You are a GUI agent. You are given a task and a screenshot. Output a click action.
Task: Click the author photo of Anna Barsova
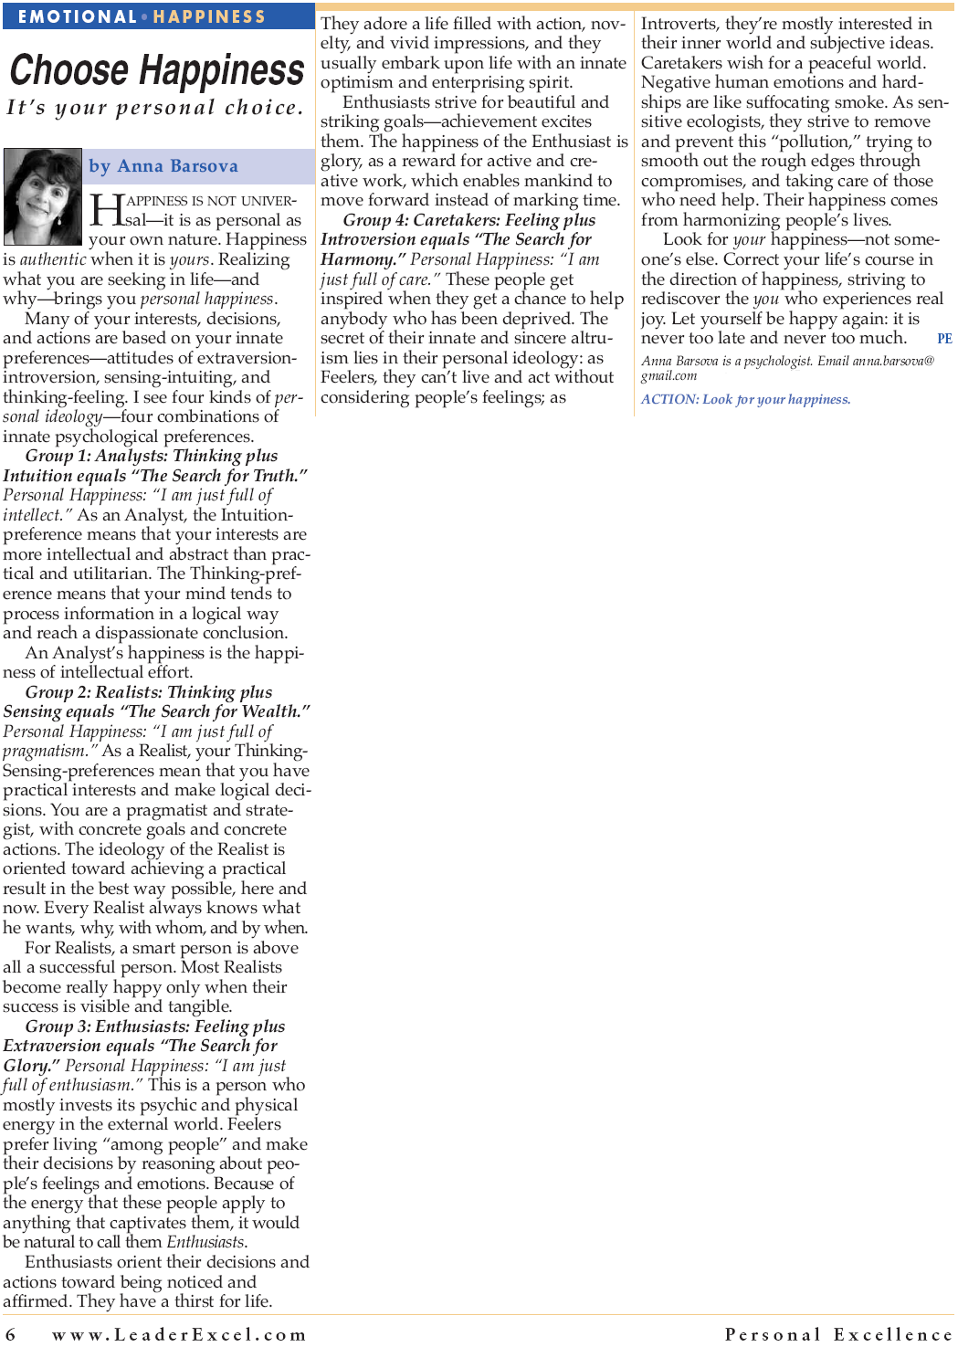pyautogui.click(x=43, y=195)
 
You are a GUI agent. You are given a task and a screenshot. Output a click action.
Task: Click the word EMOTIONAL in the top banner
pyautogui.click(x=77, y=16)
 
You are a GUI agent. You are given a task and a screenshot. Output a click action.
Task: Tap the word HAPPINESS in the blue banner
pyautogui.click(x=209, y=16)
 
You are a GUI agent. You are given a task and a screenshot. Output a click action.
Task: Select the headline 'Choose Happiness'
pyautogui.click(x=157, y=70)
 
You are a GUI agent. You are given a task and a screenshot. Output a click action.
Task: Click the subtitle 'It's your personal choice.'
pyautogui.click(x=154, y=108)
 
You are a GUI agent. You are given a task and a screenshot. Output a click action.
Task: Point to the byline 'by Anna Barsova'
pyautogui.click(x=163, y=166)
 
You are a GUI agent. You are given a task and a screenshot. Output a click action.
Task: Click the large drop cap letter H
pyautogui.click(x=106, y=210)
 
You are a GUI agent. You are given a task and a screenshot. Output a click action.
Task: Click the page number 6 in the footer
pyautogui.click(x=11, y=1334)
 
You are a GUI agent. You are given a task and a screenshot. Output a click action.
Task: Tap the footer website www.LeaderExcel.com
pyautogui.click(x=179, y=1334)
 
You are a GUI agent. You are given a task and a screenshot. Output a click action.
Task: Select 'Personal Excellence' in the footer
pyautogui.click(x=838, y=1334)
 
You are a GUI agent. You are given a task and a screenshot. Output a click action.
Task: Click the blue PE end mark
pyautogui.click(x=944, y=339)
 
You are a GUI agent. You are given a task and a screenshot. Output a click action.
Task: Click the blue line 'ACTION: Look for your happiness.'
pyautogui.click(x=745, y=399)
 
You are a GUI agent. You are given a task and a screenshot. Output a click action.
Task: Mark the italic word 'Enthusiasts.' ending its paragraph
pyautogui.click(x=206, y=1242)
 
